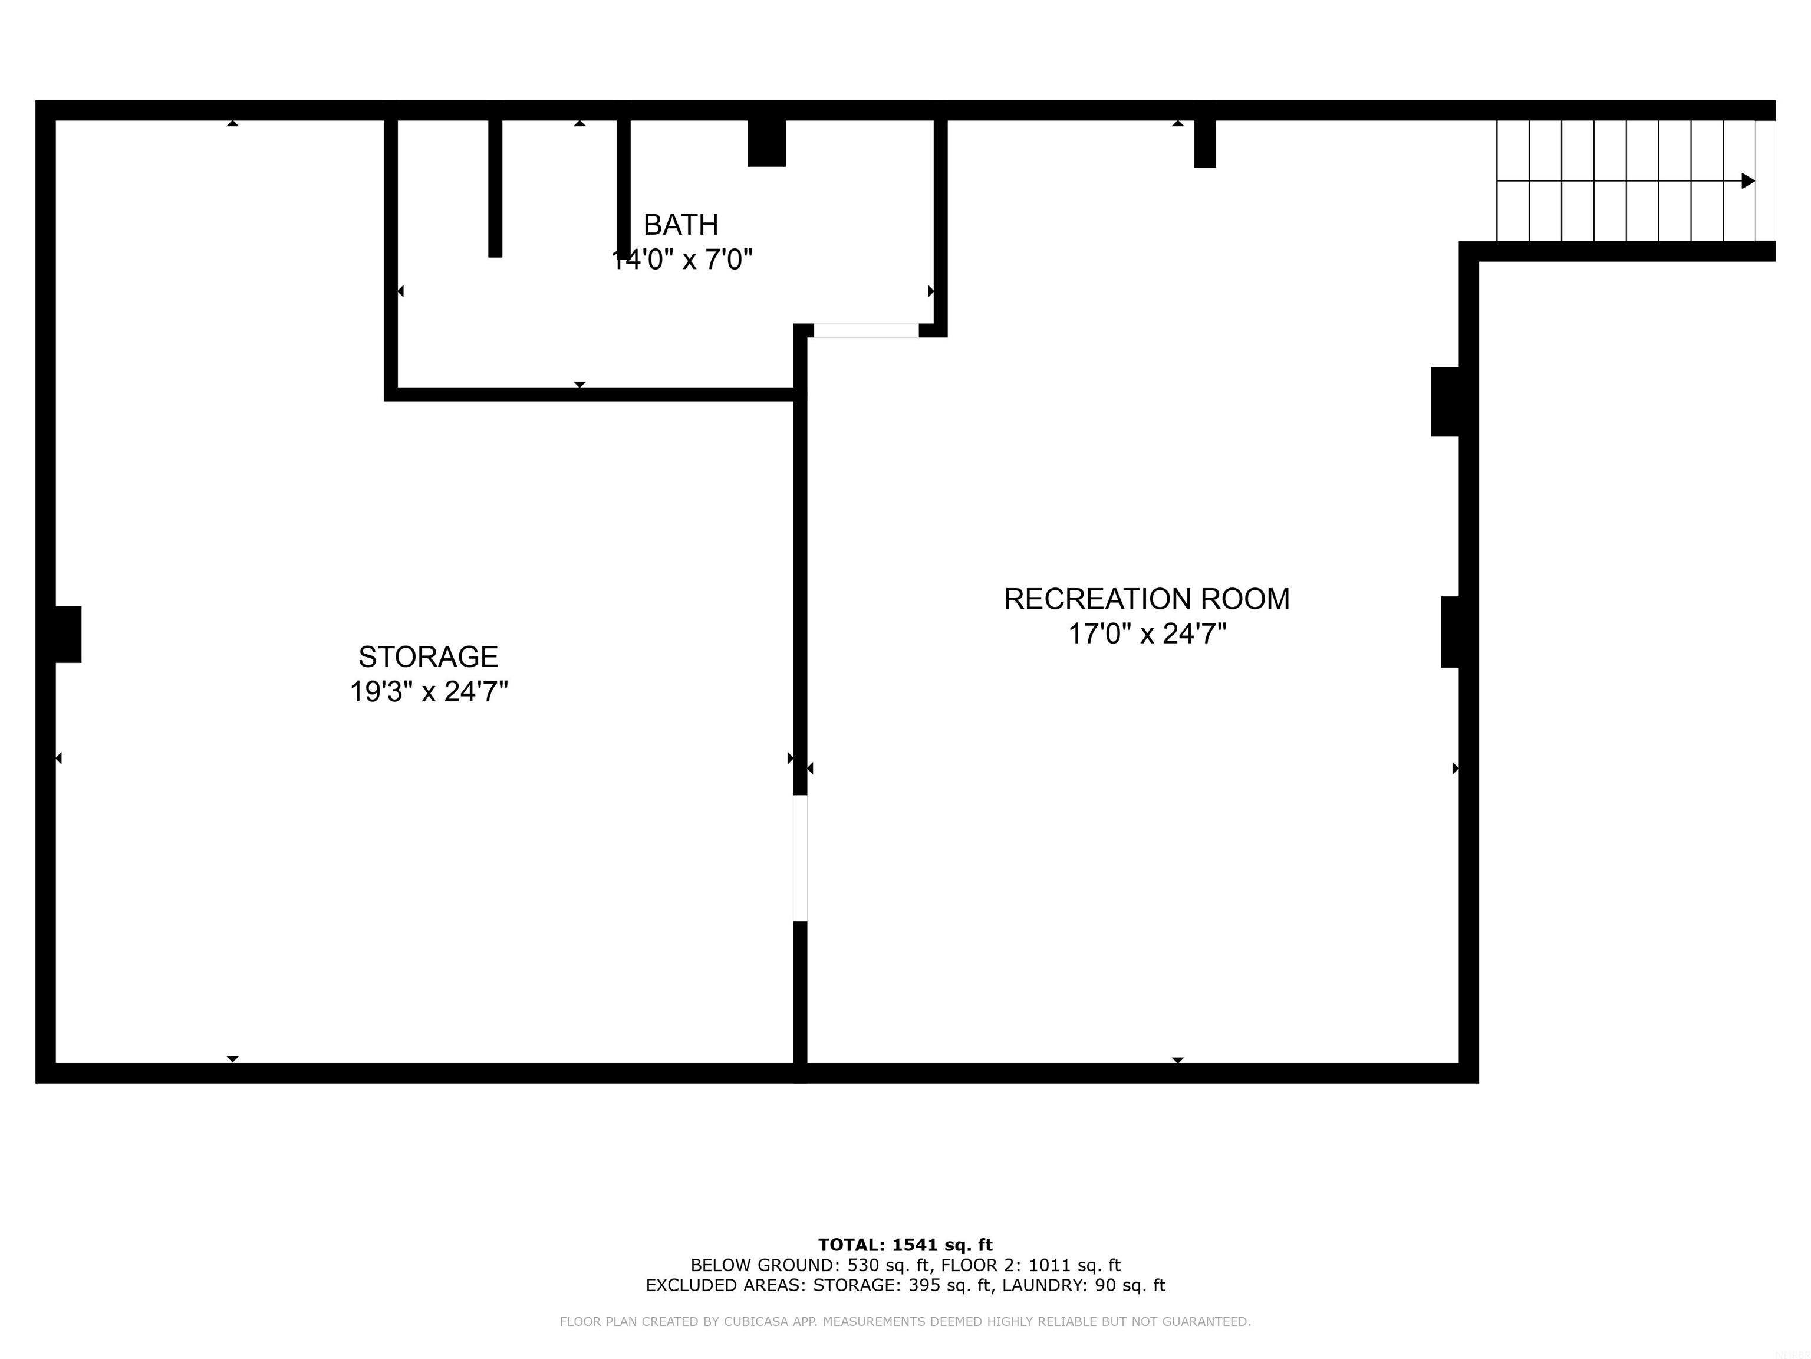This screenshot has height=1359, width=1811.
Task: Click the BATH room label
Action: pyautogui.click(x=680, y=225)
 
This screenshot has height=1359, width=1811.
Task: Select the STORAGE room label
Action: pyautogui.click(x=428, y=657)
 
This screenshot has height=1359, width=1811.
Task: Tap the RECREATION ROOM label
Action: pyautogui.click(x=1146, y=599)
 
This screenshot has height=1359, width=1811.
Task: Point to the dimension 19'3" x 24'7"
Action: pyautogui.click(x=428, y=692)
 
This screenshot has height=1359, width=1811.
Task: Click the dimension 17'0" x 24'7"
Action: pyautogui.click(x=1146, y=634)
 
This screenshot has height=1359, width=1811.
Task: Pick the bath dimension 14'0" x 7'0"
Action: pyautogui.click(x=682, y=260)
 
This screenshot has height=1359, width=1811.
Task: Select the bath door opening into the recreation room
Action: pyautogui.click(x=865, y=330)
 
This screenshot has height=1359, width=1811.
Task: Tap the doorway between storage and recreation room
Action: pyautogui.click(x=800, y=858)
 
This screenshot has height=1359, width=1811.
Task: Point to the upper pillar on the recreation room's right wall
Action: pyautogui.click(x=1445, y=402)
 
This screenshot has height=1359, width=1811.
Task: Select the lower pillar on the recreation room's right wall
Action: pyautogui.click(x=1450, y=632)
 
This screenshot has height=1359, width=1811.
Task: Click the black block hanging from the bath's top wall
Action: pyautogui.click(x=766, y=143)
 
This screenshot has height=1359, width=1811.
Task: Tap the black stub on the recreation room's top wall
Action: pyautogui.click(x=1204, y=143)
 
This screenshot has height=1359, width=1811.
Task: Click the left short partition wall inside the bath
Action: pyautogui.click(x=495, y=188)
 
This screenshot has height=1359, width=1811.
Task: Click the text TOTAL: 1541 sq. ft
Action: pyautogui.click(x=905, y=1245)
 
